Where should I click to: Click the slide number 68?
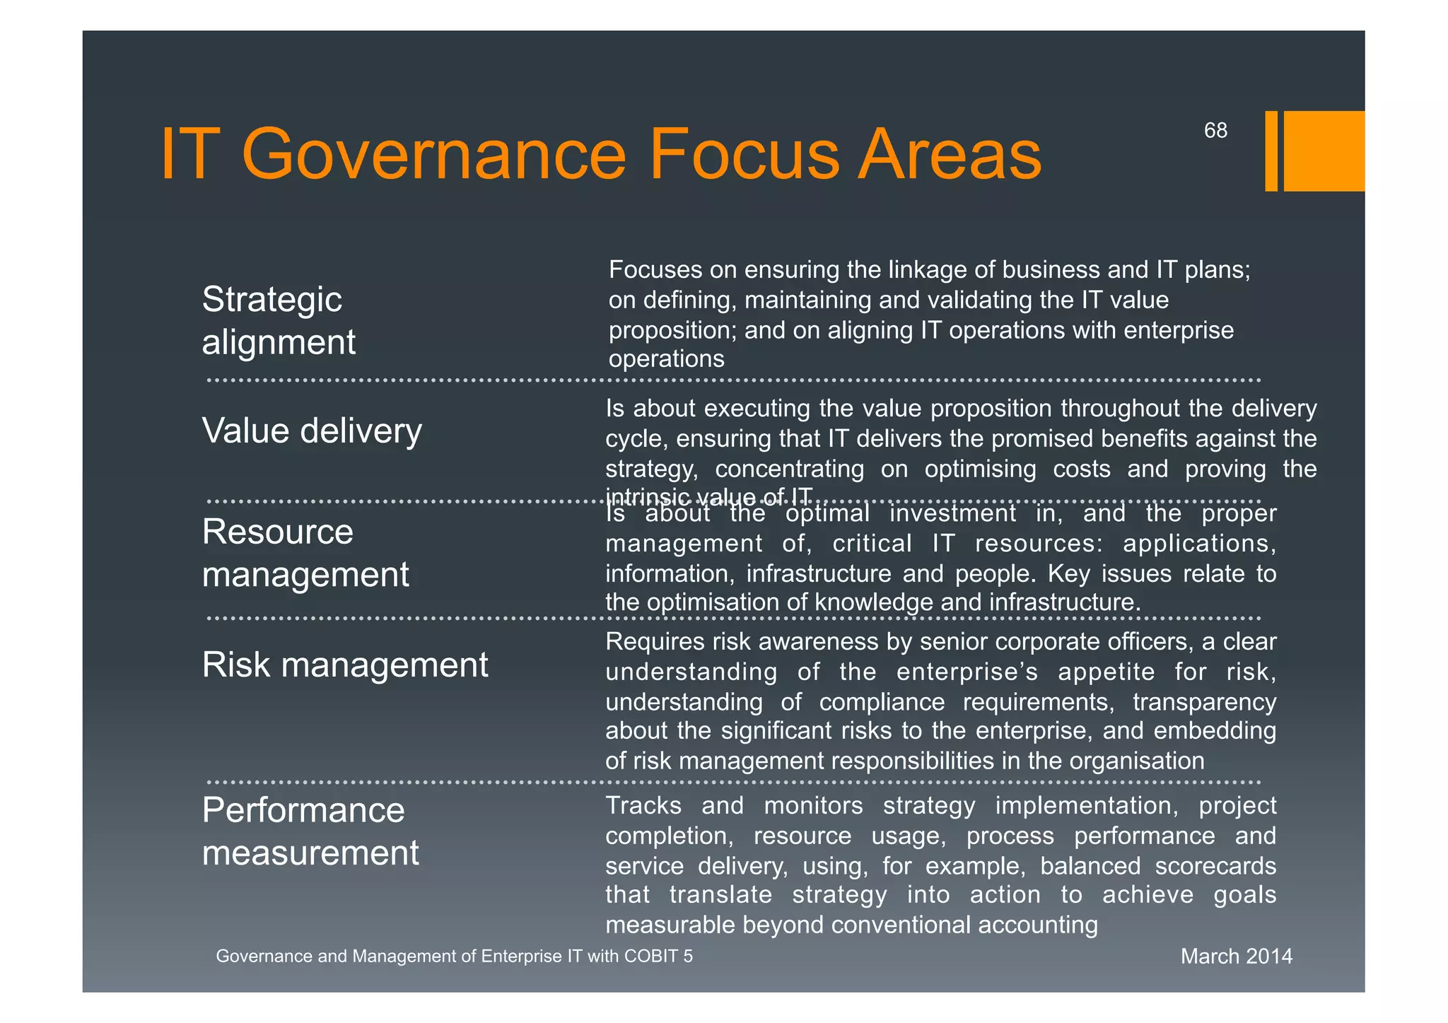1215,131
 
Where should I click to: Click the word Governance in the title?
433,154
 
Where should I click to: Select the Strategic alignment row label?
279,320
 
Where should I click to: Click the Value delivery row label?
312,431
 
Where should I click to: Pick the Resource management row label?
305,553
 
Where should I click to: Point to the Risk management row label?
345,665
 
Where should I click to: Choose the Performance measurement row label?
310,831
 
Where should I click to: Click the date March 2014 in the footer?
1237,957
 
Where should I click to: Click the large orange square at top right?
1324,151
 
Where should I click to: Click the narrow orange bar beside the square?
1271,151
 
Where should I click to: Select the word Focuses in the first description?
655,270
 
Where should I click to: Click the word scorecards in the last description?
1215,866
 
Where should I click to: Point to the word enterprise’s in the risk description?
967,672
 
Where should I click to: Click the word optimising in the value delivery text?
981,469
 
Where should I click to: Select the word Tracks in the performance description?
643,806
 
